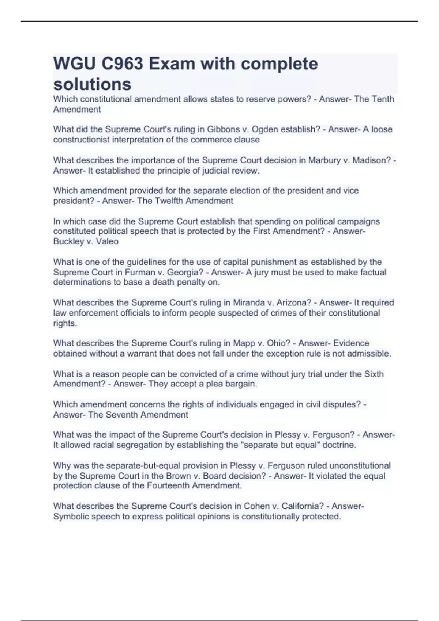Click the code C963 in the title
(x=122, y=64)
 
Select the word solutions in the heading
(x=92, y=84)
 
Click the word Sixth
(x=374, y=374)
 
